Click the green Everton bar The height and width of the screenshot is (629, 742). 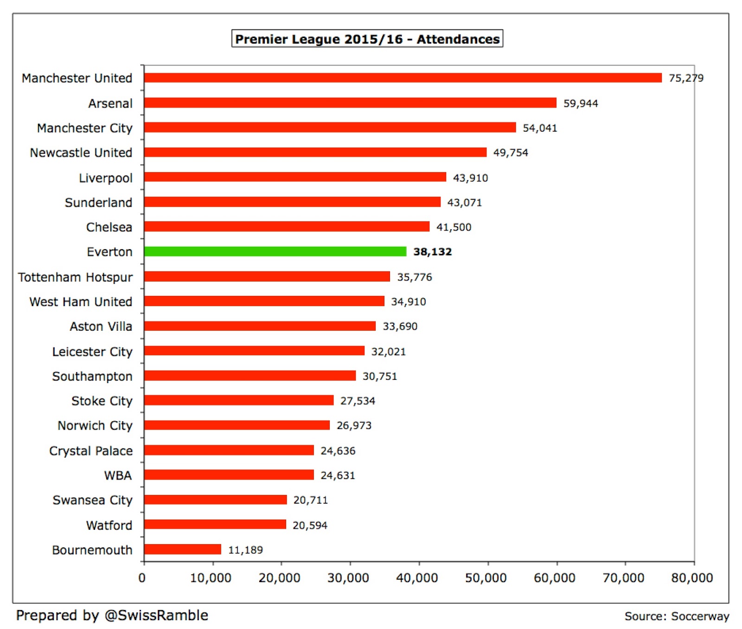275,251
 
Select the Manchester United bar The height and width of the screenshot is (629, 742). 403,78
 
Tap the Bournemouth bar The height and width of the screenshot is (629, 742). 183,550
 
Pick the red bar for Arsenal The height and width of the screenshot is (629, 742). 350,103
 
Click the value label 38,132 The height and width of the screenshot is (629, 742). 432,252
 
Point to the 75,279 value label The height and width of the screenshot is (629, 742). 686,78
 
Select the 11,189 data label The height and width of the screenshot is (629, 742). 245,550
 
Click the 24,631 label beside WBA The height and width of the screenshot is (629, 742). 338,475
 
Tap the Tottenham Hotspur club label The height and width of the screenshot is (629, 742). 76,277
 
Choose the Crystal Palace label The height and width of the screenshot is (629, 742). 91,451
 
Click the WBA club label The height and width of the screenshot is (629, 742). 118,475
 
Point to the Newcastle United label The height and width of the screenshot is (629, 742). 81,153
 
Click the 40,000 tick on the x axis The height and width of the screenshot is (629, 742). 417,578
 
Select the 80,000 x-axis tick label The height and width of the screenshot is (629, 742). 692,578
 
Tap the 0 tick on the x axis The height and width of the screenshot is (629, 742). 142,578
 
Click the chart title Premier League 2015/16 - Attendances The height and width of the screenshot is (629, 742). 367,39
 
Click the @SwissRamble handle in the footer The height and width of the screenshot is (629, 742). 156,616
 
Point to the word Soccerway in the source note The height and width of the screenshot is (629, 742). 700,616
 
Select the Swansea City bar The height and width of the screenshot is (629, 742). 215,500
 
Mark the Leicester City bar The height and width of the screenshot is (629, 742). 254,351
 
